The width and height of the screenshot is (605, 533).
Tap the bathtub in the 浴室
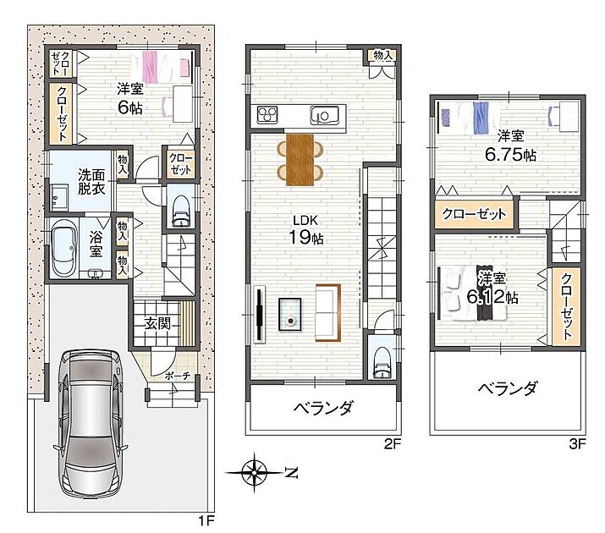pyautogui.click(x=63, y=249)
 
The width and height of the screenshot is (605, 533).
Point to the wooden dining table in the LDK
pyautogui.click(x=300, y=159)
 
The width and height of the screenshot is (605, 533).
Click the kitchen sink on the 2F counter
pyautogui.click(x=324, y=115)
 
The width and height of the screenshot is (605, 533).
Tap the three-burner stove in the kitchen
pyautogui.click(x=267, y=115)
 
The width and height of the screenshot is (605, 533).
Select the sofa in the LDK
pyautogui.click(x=328, y=313)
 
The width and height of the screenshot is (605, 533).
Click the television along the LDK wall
pyautogui.click(x=260, y=314)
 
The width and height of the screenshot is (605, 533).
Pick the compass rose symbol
pyautogui.click(x=255, y=472)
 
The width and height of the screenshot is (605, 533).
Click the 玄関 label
pyautogui.click(x=157, y=323)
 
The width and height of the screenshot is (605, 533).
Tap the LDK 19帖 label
pyautogui.click(x=306, y=230)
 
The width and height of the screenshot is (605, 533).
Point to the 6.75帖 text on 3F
pyautogui.click(x=510, y=155)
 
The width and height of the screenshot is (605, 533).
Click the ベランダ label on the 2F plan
pyautogui.click(x=323, y=407)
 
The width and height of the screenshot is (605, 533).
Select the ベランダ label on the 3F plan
pyautogui.click(x=508, y=388)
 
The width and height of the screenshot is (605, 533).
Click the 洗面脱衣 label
pyautogui.click(x=91, y=181)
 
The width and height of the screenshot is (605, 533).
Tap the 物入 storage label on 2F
pyautogui.click(x=383, y=55)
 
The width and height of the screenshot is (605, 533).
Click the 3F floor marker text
pyautogui.click(x=577, y=444)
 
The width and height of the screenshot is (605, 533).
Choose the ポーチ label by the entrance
pyautogui.click(x=178, y=376)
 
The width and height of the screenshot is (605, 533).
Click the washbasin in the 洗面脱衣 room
pyautogui.click(x=59, y=197)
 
